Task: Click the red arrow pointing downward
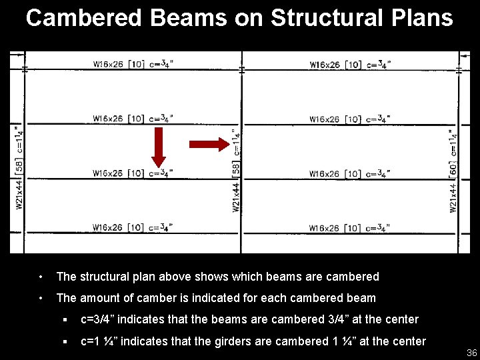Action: (159, 147)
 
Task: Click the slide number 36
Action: (471, 353)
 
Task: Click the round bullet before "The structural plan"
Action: (41, 277)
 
